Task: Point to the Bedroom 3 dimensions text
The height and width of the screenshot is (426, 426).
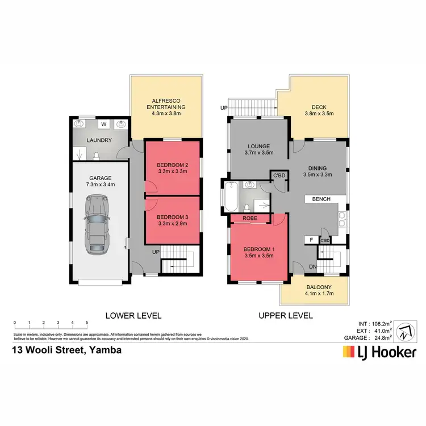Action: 172,223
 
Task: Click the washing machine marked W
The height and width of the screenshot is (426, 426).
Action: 103,124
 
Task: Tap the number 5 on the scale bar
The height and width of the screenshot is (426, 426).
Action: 87,323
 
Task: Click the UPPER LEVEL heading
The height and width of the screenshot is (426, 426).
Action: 286,315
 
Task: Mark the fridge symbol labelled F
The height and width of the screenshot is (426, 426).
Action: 311,240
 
